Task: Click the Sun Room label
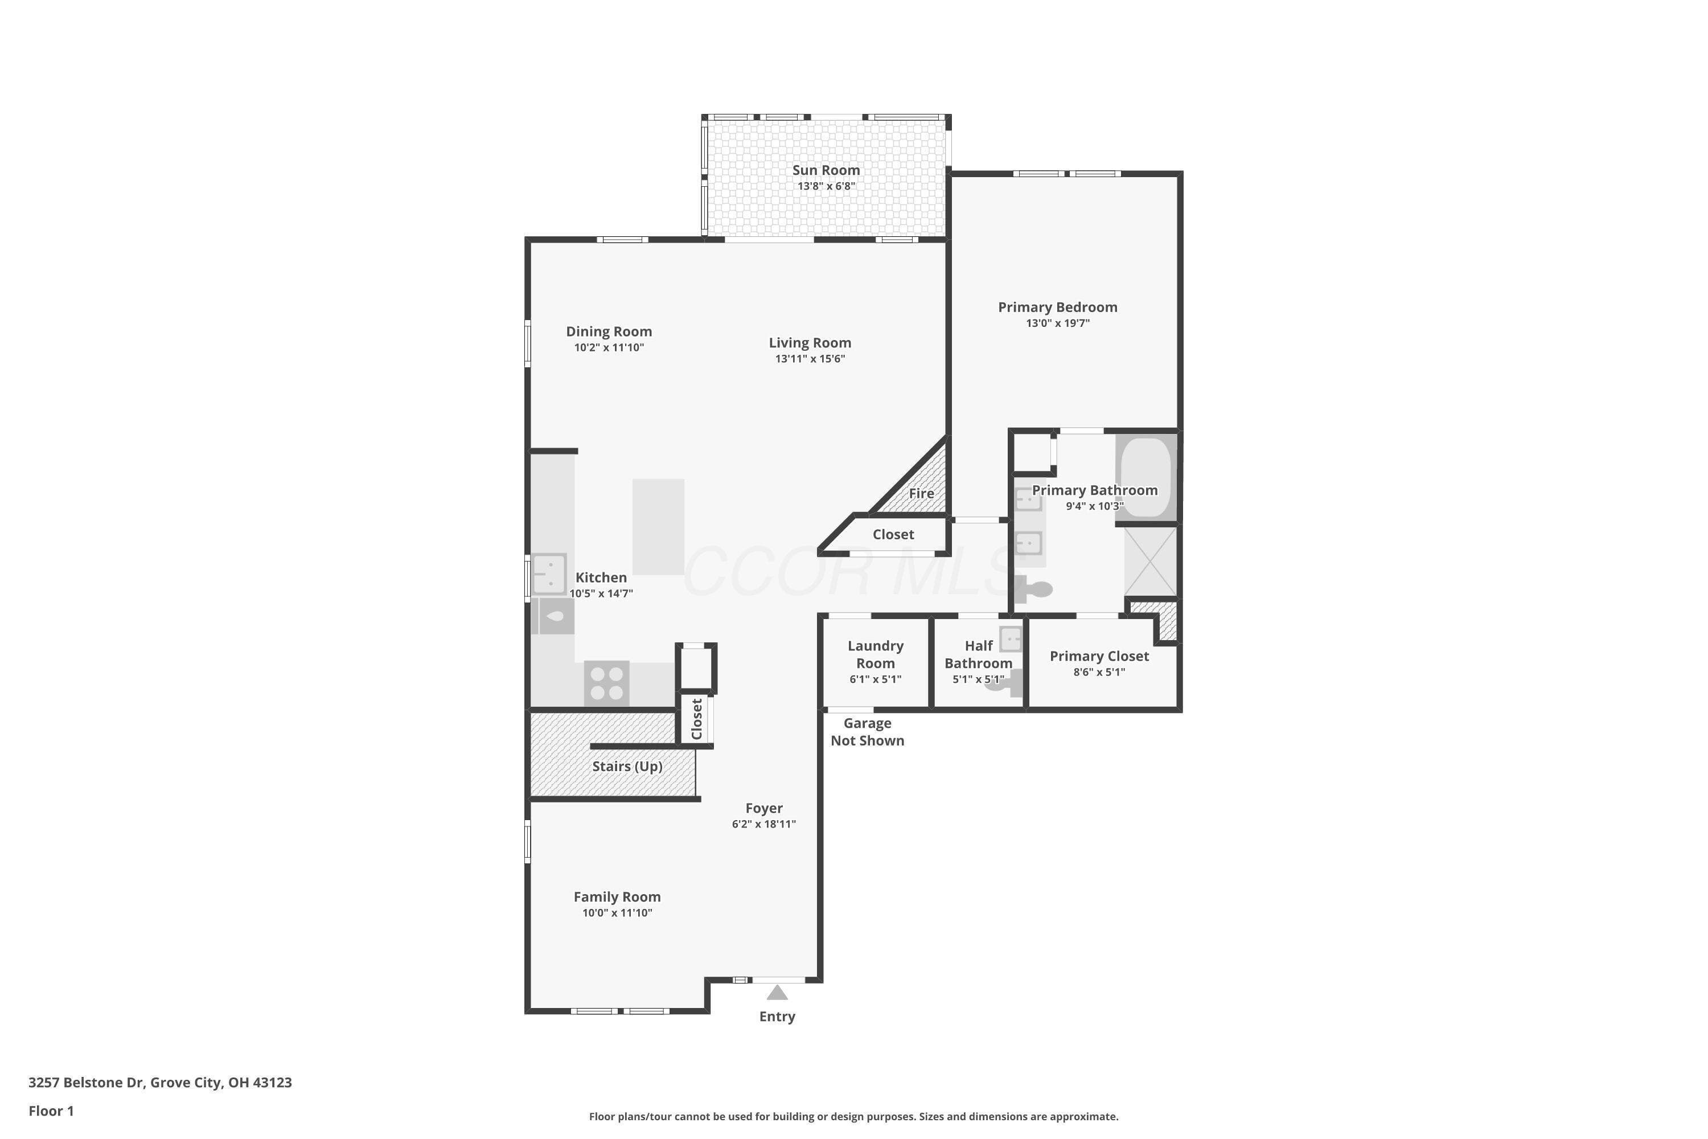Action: click(826, 170)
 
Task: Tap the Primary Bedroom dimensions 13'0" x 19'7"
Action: click(1057, 323)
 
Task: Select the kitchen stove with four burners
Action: click(606, 683)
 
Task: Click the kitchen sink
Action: click(549, 575)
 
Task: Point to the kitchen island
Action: click(658, 527)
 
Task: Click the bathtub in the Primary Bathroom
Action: click(1146, 477)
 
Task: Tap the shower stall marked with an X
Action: click(1150, 560)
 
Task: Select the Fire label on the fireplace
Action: click(922, 494)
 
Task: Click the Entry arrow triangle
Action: click(777, 992)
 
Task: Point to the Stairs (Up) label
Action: click(627, 767)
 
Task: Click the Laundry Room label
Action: click(876, 654)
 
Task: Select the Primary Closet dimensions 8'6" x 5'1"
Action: click(1099, 672)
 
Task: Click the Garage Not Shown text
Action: click(867, 731)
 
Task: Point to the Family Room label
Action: click(617, 897)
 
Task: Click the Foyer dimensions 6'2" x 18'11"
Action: click(764, 823)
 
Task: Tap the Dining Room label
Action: click(609, 331)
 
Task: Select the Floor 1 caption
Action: click(51, 1111)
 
